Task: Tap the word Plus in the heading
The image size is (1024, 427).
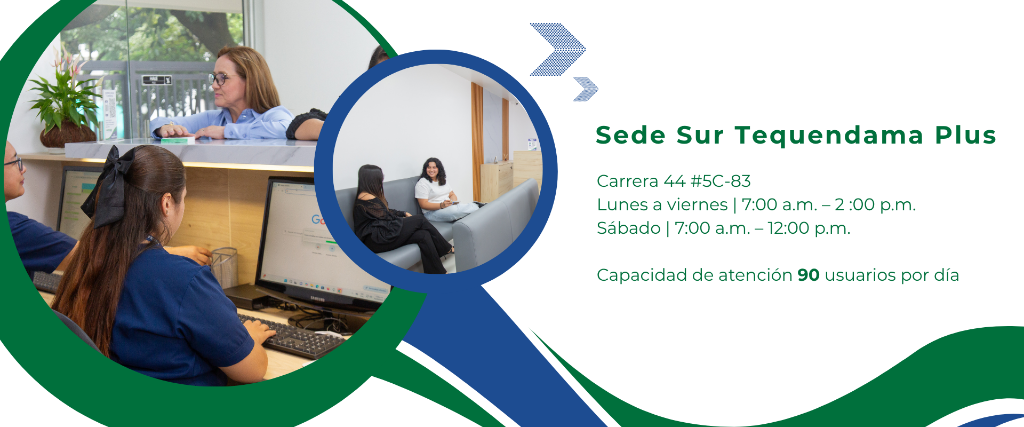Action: (x=965, y=135)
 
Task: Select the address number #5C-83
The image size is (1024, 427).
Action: (x=721, y=181)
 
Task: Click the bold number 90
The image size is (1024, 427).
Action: (x=809, y=275)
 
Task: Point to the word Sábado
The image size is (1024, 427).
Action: (x=629, y=228)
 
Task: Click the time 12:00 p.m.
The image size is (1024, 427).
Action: (x=809, y=229)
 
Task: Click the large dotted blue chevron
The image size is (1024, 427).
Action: (x=558, y=49)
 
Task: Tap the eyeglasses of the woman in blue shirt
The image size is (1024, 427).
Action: (x=220, y=79)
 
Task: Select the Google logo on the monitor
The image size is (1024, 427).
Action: (x=318, y=220)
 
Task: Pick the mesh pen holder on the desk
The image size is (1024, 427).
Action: (x=224, y=267)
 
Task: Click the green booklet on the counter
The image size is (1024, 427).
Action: (x=178, y=140)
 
